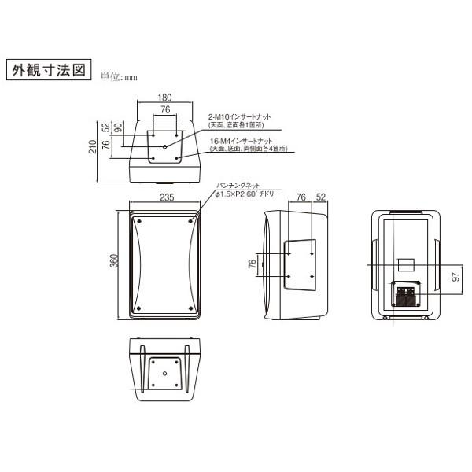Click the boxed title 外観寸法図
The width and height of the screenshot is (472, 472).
48,70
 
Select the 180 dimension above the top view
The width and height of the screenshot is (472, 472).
164,98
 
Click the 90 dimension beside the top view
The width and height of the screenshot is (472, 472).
117,128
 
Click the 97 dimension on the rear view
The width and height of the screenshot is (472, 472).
454,278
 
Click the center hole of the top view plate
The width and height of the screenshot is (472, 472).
164,146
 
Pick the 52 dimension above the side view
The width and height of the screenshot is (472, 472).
321,197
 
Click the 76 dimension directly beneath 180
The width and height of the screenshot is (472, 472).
164,110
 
